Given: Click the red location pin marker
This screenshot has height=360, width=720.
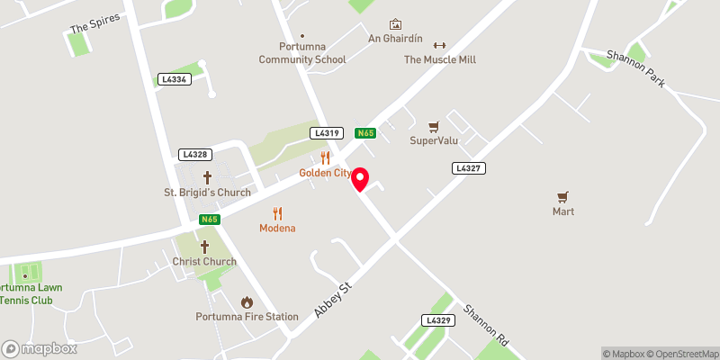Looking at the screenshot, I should click(360, 179).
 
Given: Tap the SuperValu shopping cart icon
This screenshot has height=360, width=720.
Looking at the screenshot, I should click(434, 127).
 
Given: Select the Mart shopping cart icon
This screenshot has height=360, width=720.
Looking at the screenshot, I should click(563, 197).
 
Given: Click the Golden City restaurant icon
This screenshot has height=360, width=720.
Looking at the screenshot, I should click(326, 157).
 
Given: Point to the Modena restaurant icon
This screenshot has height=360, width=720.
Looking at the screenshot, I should click(278, 213).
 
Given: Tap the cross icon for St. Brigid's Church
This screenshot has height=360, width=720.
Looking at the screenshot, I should click(207, 177).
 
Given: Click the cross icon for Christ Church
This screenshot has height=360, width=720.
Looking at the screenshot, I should click(204, 247).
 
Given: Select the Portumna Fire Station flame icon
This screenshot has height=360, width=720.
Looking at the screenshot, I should click(247, 301).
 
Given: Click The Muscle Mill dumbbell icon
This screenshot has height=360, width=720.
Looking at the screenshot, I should click(439, 46).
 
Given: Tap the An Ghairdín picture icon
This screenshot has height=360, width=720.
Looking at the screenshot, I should click(394, 24).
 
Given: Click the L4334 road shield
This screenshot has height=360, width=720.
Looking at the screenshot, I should click(174, 79).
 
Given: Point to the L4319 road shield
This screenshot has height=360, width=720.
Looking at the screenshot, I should click(327, 133).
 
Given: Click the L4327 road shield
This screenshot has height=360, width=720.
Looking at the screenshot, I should click(470, 168).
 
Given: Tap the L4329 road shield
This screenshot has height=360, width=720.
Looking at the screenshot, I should click(438, 320).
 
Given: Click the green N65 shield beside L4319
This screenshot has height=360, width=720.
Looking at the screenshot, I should click(364, 133).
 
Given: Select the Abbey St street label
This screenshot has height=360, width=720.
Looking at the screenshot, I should click(331, 298).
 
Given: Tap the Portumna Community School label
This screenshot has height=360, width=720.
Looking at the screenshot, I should click(301, 53).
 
